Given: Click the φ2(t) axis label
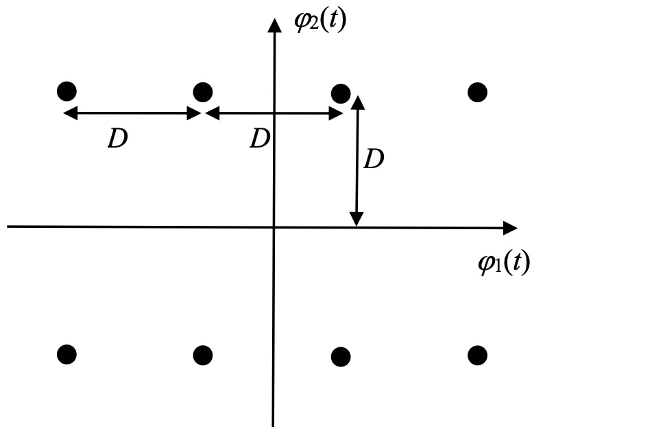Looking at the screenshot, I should pos(320,20).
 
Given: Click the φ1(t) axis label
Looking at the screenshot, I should pos(504,263).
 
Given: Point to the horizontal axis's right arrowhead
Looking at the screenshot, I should pos(510,228).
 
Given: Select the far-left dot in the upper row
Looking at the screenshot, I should pos(66,91).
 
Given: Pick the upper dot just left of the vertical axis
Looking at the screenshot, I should pos(203,91).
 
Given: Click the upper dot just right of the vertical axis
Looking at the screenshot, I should pos(341,93).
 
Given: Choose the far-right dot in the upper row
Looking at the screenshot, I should pos(477,91).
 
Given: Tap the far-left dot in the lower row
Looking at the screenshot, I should pos(66,354).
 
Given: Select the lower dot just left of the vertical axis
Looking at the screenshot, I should pos(203,355).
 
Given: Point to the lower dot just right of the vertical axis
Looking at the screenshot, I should pos(341,357).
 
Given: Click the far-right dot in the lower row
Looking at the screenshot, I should pos(477,355).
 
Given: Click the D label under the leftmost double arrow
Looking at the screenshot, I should pos(118,139).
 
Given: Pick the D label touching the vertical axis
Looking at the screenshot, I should pos(259,139).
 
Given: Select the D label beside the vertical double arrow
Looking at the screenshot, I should pos(374,160).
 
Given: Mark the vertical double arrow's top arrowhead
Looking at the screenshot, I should pos(357,102).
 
